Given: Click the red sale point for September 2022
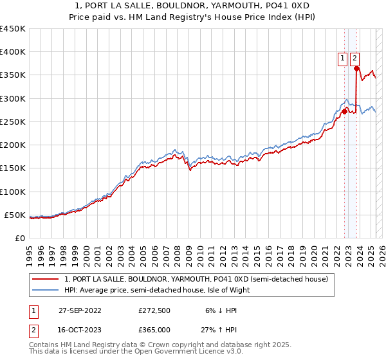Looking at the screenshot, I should tap(344, 111).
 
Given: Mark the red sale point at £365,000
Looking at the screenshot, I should tap(356, 68).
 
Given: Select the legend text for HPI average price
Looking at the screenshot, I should tap(156, 290).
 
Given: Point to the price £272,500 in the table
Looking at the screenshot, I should tap(154, 310).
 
